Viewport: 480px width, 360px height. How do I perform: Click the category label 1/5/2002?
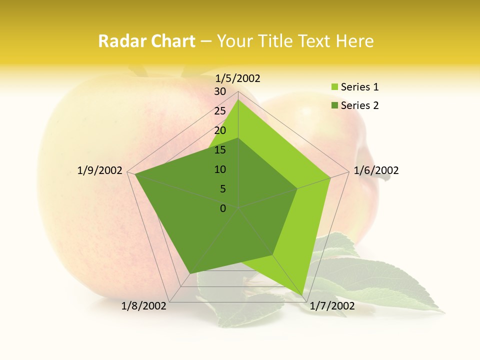tap(238, 78)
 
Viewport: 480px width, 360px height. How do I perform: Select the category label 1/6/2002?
tap(376, 170)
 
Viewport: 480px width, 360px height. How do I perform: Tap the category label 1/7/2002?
tap(332, 305)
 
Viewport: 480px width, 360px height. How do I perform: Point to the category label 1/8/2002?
tap(144, 305)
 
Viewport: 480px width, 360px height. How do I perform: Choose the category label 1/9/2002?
tap(100, 170)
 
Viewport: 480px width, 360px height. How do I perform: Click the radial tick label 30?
tap(220, 91)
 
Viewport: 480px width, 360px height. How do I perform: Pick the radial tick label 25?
tap(220, 111)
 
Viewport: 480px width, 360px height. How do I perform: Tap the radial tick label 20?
tap(220, 130)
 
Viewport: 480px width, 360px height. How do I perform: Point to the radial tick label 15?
tap(220, 150)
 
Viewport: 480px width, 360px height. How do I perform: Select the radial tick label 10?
tap(220, 169)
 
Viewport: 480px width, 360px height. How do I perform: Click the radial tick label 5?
tap(222, 189)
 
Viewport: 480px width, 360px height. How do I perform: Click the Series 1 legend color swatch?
tap(334, 87)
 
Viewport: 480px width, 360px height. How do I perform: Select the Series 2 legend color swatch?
tap(334, 105)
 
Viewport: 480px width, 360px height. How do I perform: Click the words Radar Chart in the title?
tap(146, 41)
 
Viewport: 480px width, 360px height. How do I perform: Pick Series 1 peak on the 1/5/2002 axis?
tap(238, 100)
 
